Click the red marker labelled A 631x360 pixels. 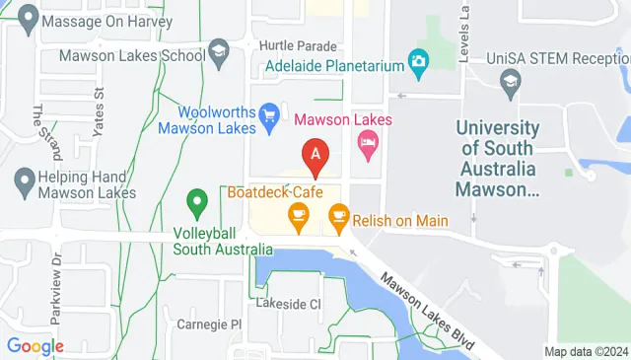pos(315,156)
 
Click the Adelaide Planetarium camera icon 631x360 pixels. pos(418,61)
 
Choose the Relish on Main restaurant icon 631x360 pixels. pos(338,215)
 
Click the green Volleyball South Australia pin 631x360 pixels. pos(197,205)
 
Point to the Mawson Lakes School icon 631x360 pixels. pos(219,50)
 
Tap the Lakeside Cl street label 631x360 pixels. pos(288,304)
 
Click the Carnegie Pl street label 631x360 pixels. pos(209,324)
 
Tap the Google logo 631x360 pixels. pos(35,346)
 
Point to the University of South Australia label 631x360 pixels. pos(497,158)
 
